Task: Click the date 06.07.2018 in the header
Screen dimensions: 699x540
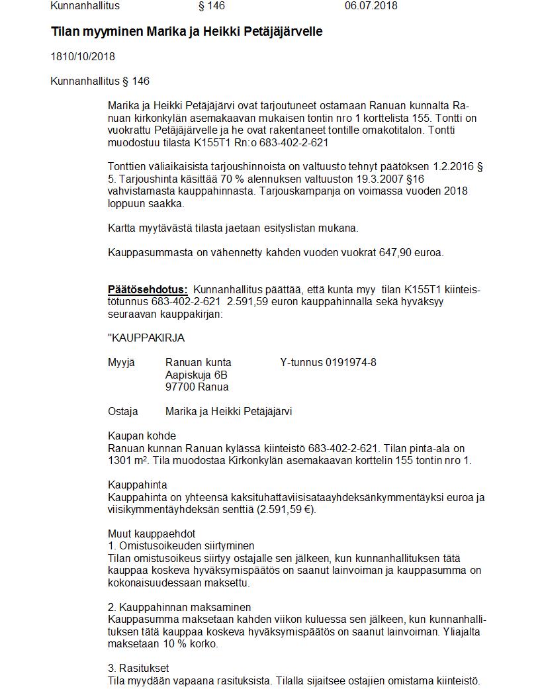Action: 371,6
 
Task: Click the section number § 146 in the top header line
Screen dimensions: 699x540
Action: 212,6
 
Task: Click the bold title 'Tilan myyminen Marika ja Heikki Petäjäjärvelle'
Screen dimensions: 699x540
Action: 187,32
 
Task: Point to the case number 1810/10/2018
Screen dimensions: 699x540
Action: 83,57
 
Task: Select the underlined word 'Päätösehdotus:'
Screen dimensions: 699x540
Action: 148,289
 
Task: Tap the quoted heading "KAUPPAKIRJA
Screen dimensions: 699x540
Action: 146,338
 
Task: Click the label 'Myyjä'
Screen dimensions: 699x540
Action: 121,362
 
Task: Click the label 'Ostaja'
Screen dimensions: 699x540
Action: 123,412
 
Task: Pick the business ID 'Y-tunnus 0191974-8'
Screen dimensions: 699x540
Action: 328,362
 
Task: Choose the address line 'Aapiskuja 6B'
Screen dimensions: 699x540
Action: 196,375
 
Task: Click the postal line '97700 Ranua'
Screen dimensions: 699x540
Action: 197,387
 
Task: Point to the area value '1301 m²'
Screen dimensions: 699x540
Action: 126,461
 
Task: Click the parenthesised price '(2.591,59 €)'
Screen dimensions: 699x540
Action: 285,510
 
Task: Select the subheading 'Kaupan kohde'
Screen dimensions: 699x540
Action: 142,436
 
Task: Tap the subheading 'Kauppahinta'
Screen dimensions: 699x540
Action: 138,485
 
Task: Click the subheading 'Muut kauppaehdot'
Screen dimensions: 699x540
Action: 152,534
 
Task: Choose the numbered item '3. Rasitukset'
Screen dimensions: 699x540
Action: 138,668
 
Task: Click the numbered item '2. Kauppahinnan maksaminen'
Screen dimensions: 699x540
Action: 179,607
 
